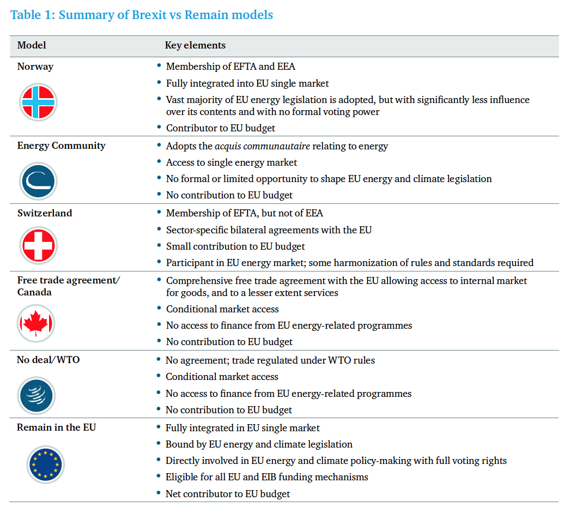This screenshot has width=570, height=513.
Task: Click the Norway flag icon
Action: click(38, 102)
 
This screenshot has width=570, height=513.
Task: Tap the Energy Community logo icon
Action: click(38, 181)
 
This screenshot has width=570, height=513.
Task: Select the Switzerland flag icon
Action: click(38, 245)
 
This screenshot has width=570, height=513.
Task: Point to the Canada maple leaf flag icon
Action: click(36, 323)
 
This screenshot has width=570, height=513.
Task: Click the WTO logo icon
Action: click(36, 396)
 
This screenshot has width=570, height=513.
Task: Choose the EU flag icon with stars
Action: click(45, 464)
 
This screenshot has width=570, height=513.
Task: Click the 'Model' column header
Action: click(32, 45)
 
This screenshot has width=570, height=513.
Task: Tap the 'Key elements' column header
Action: click(195, 45)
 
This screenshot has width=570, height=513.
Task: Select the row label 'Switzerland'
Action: click(45, 213)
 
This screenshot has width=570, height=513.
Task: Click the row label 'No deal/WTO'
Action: click(48, 360)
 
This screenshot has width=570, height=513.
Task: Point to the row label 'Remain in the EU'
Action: click(56, 427)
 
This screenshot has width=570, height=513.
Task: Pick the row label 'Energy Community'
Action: click(62, 146)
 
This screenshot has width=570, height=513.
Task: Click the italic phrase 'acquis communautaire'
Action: click(263, 146)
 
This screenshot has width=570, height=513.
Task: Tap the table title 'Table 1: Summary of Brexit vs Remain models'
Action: click(142, 15)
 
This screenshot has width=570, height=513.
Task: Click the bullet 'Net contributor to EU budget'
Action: click(228, 494)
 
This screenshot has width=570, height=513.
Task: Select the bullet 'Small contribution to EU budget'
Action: click(235, 246)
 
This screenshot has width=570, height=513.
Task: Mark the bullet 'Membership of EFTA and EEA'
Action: click(231, 67)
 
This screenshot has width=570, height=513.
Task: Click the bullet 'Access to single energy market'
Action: click(232, 162)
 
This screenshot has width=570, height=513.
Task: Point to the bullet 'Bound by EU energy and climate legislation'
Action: click(259, 444)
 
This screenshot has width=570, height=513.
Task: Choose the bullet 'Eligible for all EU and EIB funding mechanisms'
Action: click(267, 477)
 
